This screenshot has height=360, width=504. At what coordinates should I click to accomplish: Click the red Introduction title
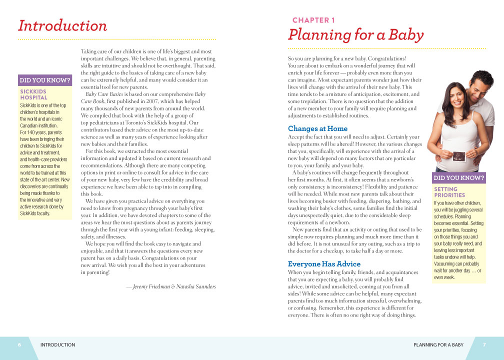[62, 25]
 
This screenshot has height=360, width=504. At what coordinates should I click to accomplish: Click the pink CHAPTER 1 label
[313, 20]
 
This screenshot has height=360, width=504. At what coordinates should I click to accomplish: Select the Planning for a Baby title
[355, 35]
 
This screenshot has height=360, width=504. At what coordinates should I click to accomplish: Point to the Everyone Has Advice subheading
[324, 263]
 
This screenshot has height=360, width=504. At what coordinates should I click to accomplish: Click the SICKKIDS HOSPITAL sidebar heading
[33, 94]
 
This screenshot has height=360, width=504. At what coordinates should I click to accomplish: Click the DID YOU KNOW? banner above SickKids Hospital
[45, 80]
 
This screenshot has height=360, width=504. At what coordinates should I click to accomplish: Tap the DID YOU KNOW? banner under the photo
[459, 178]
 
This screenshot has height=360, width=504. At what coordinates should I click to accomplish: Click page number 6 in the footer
[19, 344]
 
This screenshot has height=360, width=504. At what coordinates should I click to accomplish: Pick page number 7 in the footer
[484, 344]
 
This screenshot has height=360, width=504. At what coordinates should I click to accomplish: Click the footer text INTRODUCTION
[57, 344]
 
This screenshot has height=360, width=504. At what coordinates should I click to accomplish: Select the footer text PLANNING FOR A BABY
[438, 344]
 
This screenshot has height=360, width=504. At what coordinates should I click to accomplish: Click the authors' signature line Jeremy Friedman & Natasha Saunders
[170, 286]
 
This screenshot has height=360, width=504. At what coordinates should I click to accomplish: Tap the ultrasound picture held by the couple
[458, 156]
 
